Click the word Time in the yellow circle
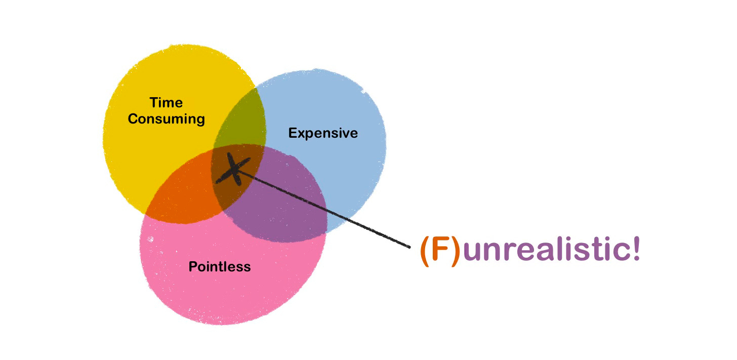pyautogui.click(x=166, y=103)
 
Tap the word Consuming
pyautogui.click(x=166, y=119)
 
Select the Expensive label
pyautogui.click(x=323, y=133)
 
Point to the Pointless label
pyautogui.click(x=219, y=266)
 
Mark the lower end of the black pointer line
pyautogui.click(x=408, y=247)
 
